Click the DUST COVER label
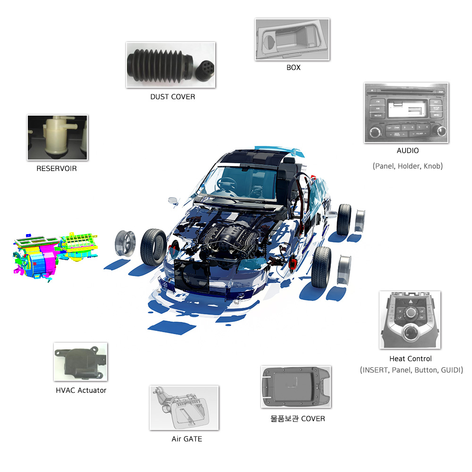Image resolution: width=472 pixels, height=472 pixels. tap(172, 97)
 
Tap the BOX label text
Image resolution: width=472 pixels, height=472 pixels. tap(293, 67)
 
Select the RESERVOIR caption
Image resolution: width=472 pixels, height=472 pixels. tap(56, 168)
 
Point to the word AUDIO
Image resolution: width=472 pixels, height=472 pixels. tap(407, 151)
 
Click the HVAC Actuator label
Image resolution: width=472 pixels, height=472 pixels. tap(81, 390)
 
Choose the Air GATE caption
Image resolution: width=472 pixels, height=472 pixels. tap(186, 439)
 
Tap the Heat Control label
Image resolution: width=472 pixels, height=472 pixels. tap(410, 359)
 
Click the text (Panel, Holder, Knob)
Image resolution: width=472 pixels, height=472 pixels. tap(407, 166)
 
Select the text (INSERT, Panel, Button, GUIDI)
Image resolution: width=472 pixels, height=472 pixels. tap(411, 370)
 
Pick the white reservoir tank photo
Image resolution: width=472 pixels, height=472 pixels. tap(57, 137)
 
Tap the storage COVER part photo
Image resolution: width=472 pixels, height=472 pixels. tap(295, 387)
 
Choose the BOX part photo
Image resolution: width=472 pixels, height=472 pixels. tap(292, 40)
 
